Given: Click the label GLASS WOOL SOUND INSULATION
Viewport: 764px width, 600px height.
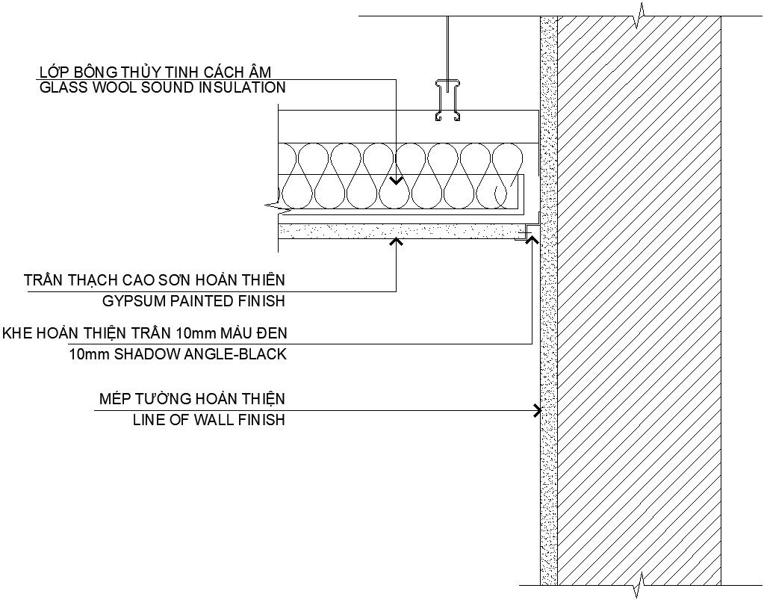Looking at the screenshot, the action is pos(162,87).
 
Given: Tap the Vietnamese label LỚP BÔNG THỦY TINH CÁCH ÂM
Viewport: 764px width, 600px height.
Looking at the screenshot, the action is pos(155,71).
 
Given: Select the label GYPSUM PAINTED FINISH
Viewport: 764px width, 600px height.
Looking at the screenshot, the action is pos(193,302).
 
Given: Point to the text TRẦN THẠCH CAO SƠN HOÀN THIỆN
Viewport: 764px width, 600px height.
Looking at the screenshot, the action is pos(154,281).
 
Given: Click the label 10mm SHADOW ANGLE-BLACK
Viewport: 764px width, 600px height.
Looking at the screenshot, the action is pos(177,354).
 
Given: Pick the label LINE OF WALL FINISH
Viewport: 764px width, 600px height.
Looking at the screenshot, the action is pos(208,420).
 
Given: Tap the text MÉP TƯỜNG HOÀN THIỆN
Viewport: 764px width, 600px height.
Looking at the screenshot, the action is pos(192,399).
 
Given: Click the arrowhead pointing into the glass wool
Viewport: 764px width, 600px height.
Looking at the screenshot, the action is pos(396,181).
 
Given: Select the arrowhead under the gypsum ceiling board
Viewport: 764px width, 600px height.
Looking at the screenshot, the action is pos(396,241).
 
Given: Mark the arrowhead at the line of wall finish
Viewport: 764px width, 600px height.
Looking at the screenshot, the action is pos(536,410).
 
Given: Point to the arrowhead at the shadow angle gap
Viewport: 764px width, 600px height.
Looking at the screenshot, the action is pos(532,239).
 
